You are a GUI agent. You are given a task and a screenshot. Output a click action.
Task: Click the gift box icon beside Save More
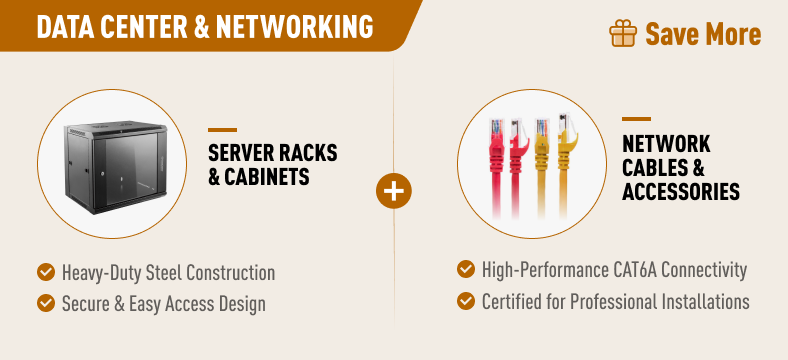click(623, 33)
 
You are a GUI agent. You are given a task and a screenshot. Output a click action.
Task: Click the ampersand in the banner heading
click(201, 27)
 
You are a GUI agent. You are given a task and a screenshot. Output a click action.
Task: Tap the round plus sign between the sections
click(394, 191)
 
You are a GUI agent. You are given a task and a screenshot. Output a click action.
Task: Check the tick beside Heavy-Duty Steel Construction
click(46, 273)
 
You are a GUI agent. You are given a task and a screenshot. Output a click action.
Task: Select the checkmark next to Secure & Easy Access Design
click(46, 303)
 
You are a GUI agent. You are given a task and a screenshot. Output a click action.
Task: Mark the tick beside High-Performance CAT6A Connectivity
click(466, 269)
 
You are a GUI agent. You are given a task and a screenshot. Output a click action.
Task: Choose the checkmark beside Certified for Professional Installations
click(466, 301)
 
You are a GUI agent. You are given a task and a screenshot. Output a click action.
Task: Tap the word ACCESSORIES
click(680, 192)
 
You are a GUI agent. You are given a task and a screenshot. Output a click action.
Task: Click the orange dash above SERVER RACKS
click(223, 130)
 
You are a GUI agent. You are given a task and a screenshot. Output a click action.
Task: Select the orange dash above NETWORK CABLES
click(636, 119)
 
